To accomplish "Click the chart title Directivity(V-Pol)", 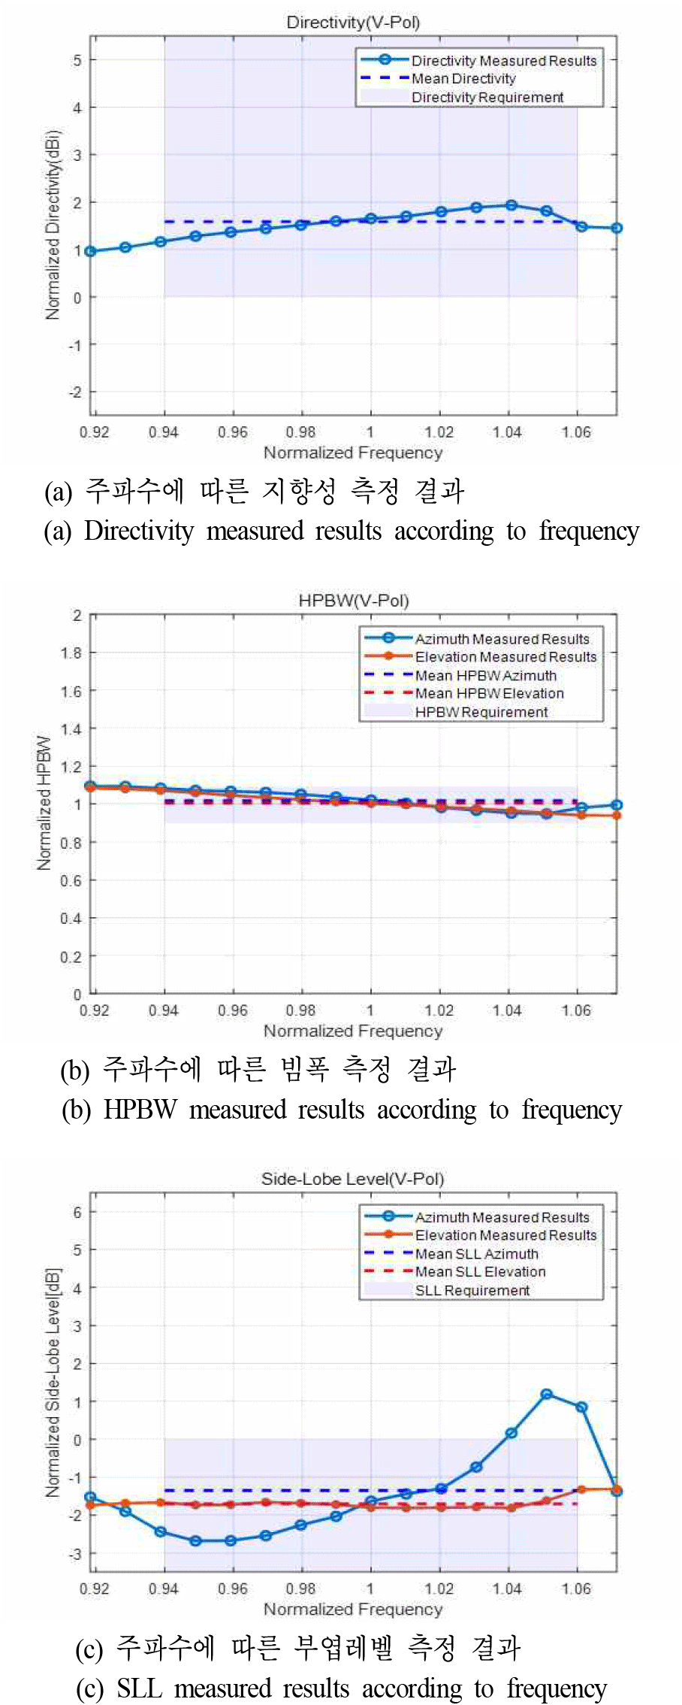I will pyautogui.click(x=353, y=22).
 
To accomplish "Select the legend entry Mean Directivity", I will pyautogui.click(x=463, y=79).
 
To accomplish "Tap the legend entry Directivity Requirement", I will pyautogui.click(x=487, y=98).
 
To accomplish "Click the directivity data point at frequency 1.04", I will pyautogui.click(x=511, y=205).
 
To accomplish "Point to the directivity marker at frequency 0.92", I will pyautogui.click(x=91, y=251).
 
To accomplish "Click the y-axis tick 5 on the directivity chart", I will pyautogui.click(x=77, y=60).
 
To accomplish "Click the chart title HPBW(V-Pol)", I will pyautogui.click(x=353, y=601).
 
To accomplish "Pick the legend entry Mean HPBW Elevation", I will pyautogui.click(x=489, y=694).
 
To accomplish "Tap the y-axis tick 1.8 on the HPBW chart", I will pyautogui.click(x=72, y=653).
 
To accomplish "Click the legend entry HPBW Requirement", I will pyautogui.click(x=481, y=713).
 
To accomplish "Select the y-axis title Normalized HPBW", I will pyautogui.click(x=44, y=803).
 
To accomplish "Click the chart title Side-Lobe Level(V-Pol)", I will pyautogui.click(x=352, y=1179).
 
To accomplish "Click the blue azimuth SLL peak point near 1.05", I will pyautogui.click(x=547, y=1395).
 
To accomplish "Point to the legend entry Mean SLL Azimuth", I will pyautogui.click(x=476, y=1254).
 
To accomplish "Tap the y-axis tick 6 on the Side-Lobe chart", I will pyautogui.click(x=77, y=1212).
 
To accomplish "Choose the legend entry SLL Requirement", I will pyautogui.click(x=472, y=1291).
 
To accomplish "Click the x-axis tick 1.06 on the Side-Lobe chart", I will pyautogui.click(x=576, y=1588).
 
